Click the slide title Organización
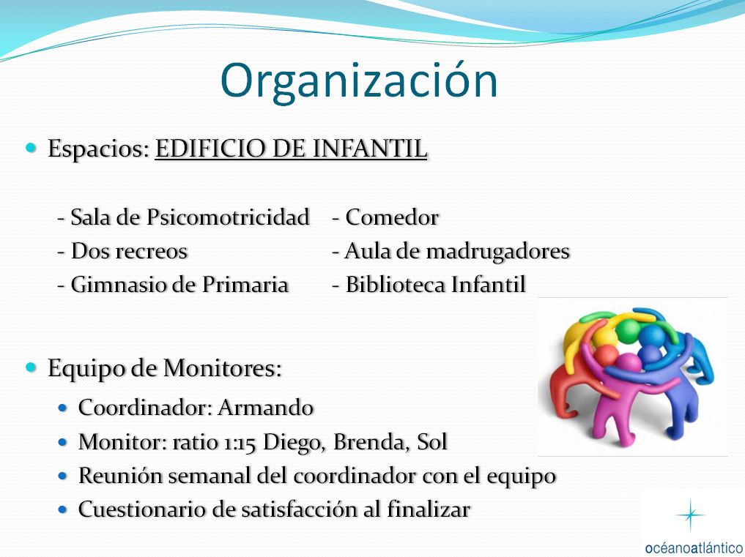click(x=359, y=81)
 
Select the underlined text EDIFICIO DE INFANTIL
click(x=292, y=149)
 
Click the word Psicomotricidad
click(x=228, y=217)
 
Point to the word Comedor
click(x=391, y=217)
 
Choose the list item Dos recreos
click(x=122, y=251)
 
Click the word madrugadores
click(x=497, y=252)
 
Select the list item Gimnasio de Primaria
click(x=172, y=285)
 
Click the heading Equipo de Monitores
click(x=164, y=369)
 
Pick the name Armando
click(x=266, y=408)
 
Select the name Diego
click(x=294, y=443)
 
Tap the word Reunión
click(x=120, y=476)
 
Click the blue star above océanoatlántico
click(x=690, y=515)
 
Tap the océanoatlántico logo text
click(x=694, y=547)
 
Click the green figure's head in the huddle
click(x=630, y=330)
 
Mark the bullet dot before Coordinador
click(x=63, y=408)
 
